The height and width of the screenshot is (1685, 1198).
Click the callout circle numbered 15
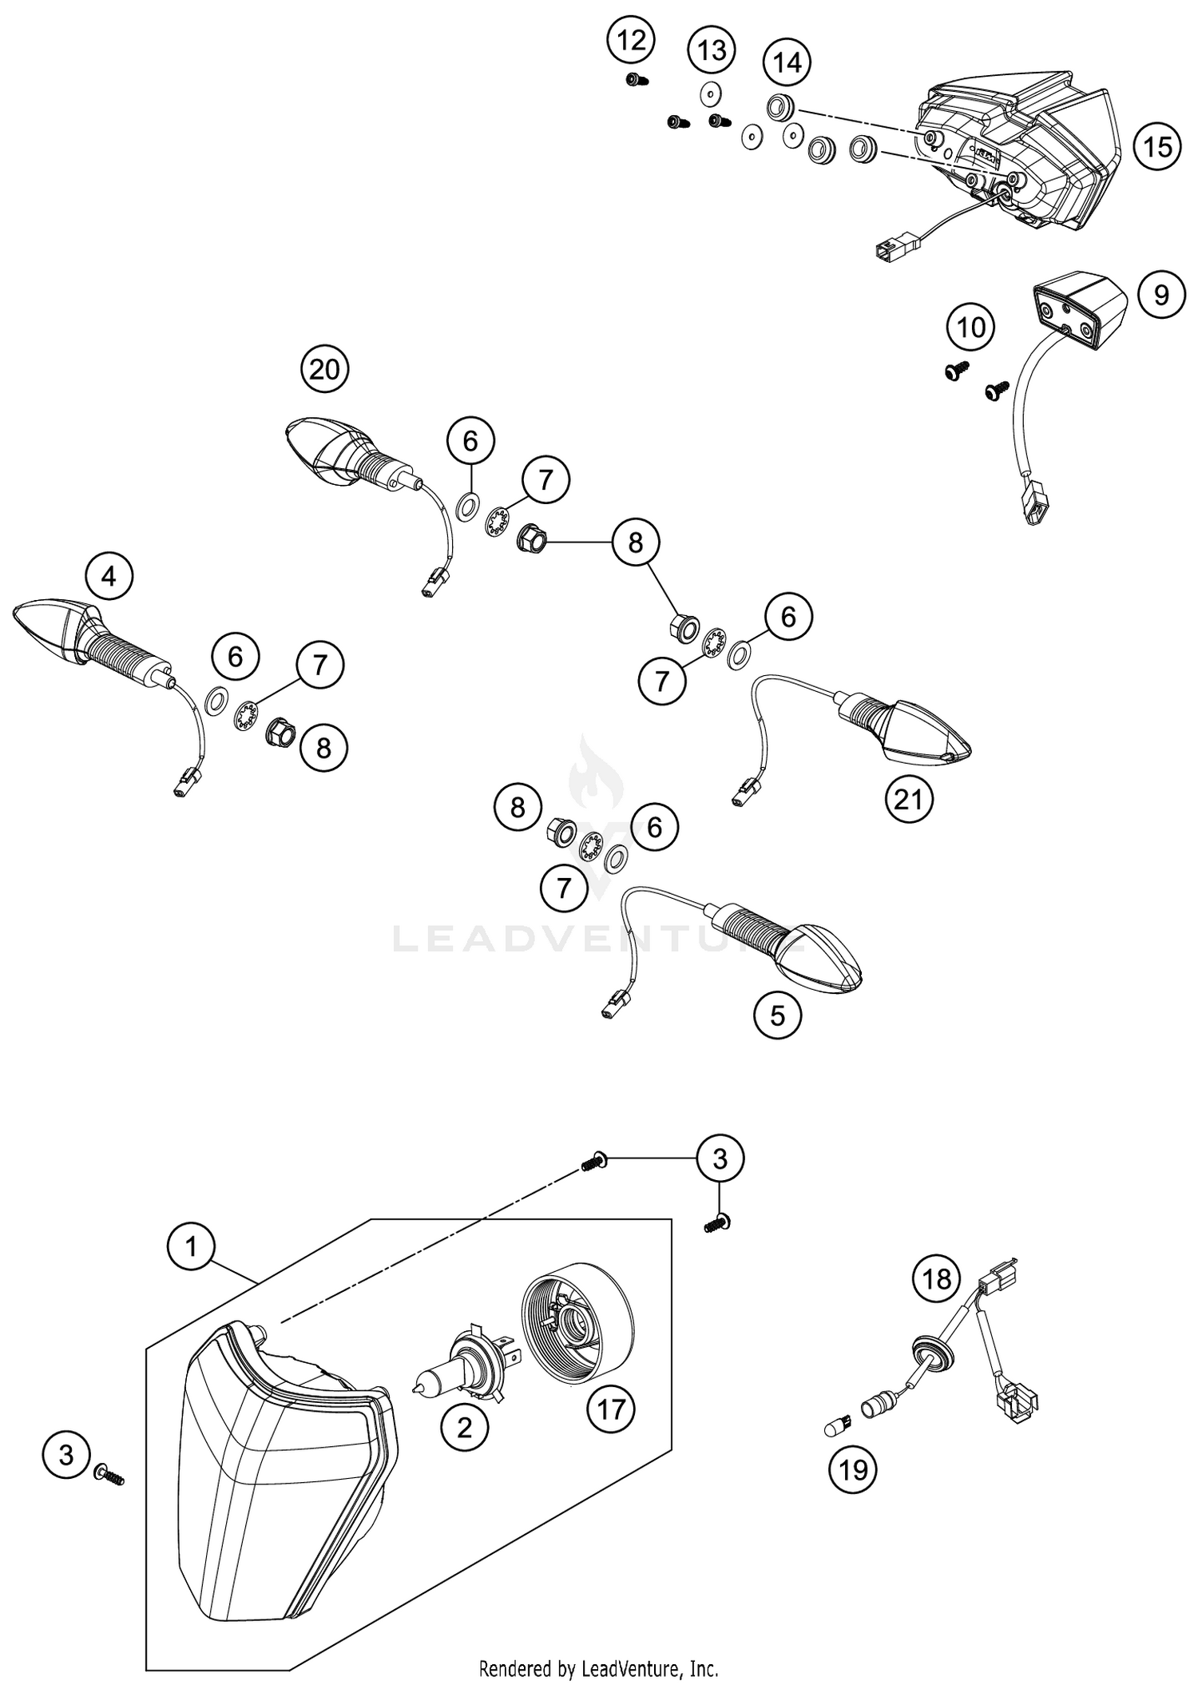[1157, 147]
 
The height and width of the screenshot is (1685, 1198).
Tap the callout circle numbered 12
[631, 39]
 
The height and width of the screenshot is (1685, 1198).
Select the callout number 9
[1161, 295]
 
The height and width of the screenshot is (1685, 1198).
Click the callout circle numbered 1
[191, 1246]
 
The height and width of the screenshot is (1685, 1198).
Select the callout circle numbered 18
[937, 1278]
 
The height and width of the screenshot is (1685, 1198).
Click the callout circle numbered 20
[324, 369]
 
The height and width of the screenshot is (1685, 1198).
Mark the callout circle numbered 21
[909, 798]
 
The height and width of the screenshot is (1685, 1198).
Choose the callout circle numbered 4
[109, 575]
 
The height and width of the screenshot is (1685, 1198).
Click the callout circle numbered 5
[777, 1015]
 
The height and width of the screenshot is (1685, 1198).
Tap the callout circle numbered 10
[971, 328]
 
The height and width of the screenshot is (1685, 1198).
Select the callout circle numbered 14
[787, 62]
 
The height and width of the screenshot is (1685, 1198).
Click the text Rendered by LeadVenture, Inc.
[598, 1669]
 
